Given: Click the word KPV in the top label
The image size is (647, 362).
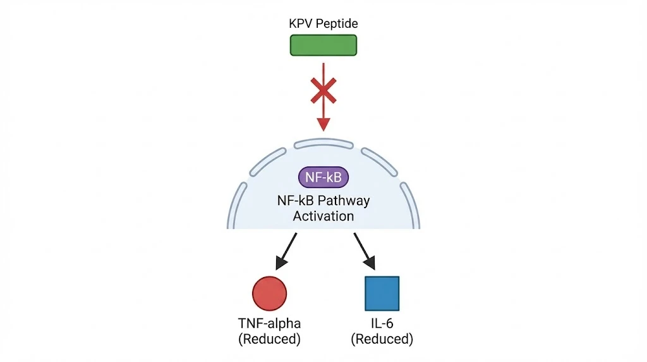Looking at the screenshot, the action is [x=299, y=23].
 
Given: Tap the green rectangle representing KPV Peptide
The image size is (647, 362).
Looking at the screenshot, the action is [x=323, y=45].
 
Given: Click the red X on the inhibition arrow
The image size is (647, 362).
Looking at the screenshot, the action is [x=323, y=91].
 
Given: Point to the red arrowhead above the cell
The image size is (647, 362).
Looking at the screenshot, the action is [x=323, y=125].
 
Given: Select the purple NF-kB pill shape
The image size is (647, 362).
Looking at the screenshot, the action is [x=323, y=177].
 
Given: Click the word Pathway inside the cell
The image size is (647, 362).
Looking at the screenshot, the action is [x=347, y=201].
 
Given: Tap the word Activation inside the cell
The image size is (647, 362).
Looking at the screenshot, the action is [x=323, y=216].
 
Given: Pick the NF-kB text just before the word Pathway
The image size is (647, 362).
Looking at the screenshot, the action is [x=299, y=201].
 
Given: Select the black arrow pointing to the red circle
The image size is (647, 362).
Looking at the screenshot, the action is [x=286, y=251].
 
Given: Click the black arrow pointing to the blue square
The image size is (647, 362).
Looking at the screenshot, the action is [x=365, y=251].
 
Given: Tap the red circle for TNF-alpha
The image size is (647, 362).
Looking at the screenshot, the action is [x=269, y=294].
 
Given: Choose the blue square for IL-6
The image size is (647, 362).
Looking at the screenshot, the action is [x=382, y=294].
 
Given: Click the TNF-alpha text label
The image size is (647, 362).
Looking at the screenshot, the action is [x=269, y=323].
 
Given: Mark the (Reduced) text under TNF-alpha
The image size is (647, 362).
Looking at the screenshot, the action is [x=269, y=339].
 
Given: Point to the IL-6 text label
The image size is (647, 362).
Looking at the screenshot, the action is [x=382, y=323].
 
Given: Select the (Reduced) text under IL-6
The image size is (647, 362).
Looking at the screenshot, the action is [x=382, y=339].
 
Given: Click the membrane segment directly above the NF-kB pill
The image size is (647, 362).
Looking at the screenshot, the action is [x=323, y=142].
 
